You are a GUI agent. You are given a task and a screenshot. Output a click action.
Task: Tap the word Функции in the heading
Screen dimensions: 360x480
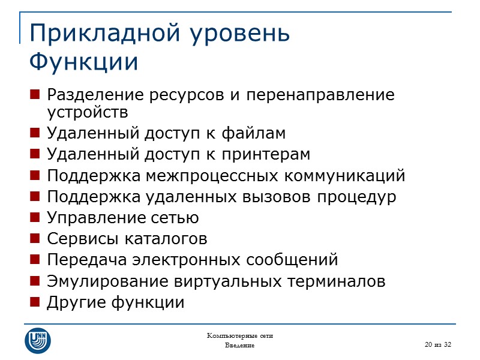coord(83,62)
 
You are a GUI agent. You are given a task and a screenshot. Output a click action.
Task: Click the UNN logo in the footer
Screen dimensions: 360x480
coord(37,340)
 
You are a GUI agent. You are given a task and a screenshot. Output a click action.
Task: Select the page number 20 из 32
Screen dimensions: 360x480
coord(437,344)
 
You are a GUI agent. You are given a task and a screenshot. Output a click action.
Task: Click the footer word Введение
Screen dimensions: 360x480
coord(239,346)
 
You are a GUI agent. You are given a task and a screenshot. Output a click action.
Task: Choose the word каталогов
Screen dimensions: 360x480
coord(169,239)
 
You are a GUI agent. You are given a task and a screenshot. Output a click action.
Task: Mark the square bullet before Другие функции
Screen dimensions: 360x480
coord(34,303)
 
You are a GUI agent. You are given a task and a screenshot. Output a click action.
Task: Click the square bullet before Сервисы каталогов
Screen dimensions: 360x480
coord(34,239)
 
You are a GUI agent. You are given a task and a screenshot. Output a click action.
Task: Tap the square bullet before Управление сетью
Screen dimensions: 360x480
coord(34,218)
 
